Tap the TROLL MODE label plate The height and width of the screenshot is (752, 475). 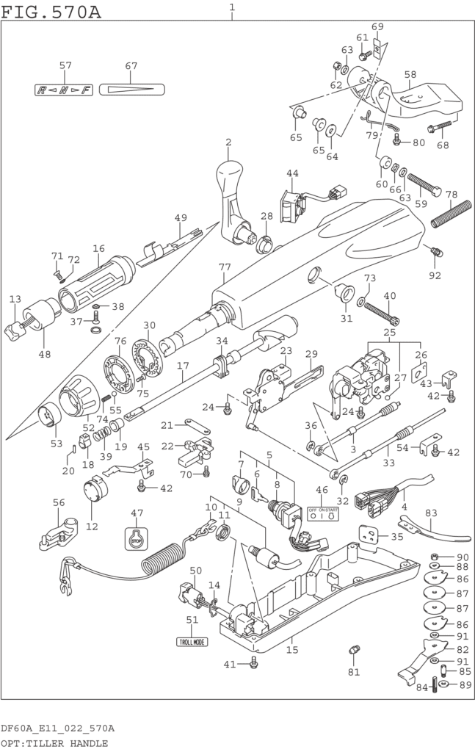tap(192, 641)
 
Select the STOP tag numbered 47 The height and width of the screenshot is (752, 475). tap(137, 538)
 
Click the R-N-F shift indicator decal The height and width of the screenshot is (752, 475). tap(65, 90)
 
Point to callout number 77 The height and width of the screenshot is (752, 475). tap(225, 267)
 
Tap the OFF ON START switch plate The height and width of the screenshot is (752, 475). tap(323, 514)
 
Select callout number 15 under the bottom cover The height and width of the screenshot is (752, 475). tap(292, 650)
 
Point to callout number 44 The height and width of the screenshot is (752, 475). tap(293, 174)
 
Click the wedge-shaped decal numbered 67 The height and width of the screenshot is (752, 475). tap(131, 90)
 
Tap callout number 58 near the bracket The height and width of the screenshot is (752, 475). tap(410, 74)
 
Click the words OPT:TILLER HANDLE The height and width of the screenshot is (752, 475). tap(54, 743)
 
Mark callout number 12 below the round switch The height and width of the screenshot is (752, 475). tap(92, 526)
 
